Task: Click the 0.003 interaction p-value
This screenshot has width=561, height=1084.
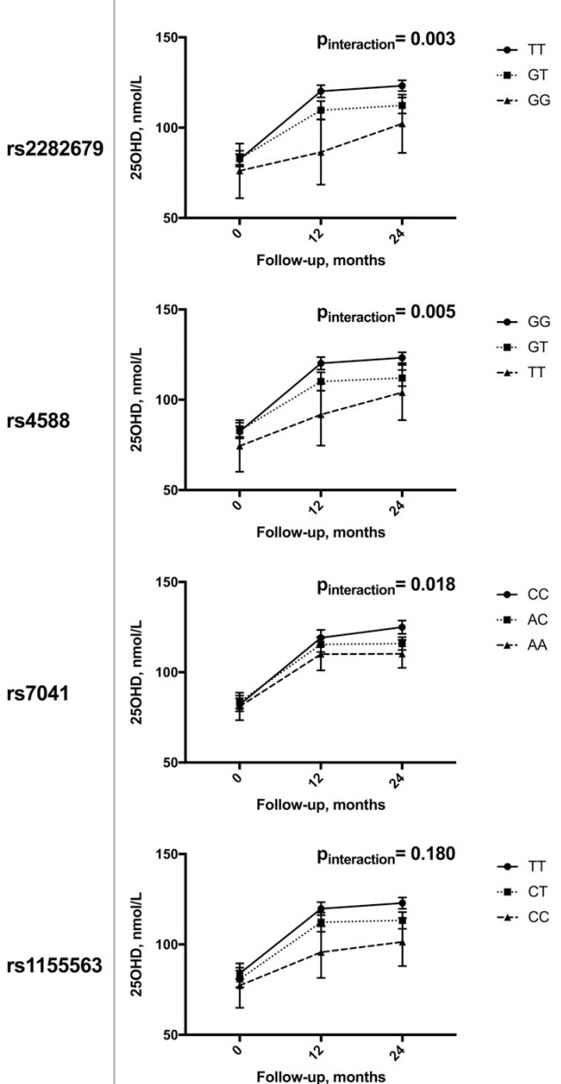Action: click(x=427, y=39)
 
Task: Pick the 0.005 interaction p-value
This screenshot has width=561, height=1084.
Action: click(x=427, y=311)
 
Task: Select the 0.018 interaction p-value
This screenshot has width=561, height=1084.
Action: click(x=427, y=584)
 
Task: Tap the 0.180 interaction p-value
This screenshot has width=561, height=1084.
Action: click(x=427, y=855)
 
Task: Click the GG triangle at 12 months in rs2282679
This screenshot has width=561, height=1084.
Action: click(x=320, y=152)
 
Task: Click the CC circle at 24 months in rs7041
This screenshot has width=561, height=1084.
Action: click(x=402, y=627)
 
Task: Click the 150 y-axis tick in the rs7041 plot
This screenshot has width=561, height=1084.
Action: click(x=166, y=582)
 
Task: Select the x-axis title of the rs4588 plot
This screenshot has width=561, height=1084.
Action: click(x=320, y=532)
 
